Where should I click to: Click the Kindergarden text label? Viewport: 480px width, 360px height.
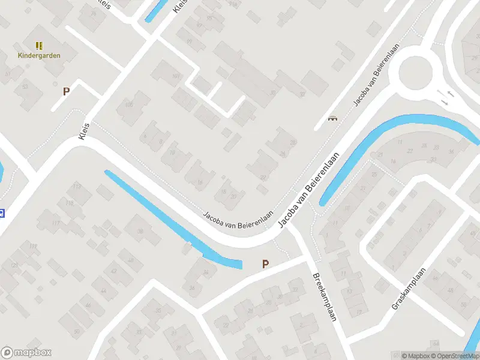(x=39, y=56)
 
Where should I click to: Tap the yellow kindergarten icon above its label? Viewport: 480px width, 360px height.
(x=39, y=46)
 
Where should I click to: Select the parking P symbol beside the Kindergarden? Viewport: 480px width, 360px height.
(x=66, y=92)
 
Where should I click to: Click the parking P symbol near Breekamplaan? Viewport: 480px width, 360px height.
(x=265, y=264)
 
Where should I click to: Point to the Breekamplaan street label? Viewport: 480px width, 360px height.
(x=324, y=298)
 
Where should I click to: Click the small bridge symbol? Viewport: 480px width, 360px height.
(x=332, y=119)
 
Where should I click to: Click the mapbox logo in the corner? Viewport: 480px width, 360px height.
(x=26, y=353)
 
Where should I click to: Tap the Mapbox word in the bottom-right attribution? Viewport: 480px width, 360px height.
(x=418, y=356)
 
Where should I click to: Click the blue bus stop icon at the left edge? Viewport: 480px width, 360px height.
(x=2, y=212)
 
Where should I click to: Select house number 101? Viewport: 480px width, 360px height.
(x=176, y=76)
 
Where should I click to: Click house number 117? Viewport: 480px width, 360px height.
(x=56, y=224)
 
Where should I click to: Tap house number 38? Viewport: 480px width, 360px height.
(x=140, y=232)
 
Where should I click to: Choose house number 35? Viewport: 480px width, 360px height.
(x=158, y=310)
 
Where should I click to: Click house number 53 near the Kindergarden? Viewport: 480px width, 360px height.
(x=25, y=87)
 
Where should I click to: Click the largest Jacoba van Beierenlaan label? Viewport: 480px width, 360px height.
(x=310, y=190)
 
